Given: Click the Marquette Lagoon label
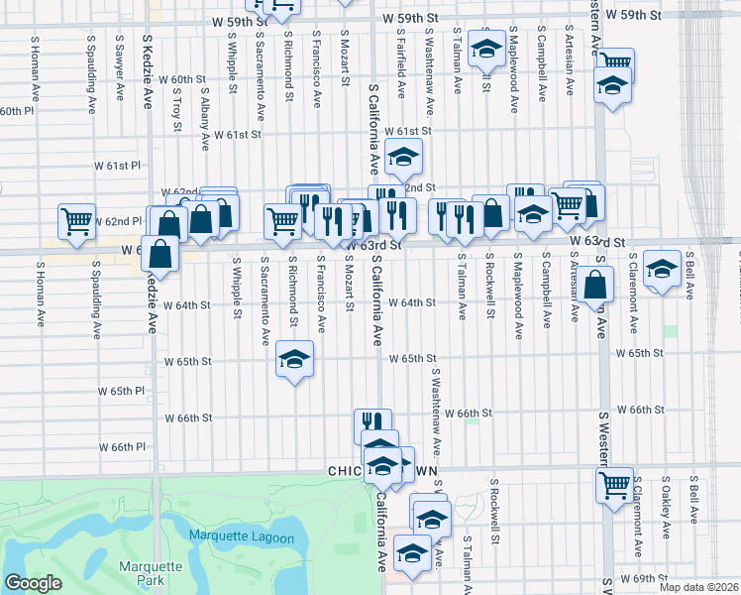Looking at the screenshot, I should tap(243, 537).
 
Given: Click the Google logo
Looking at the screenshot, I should tap(33, 583).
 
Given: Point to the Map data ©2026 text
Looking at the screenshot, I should tap(699, 587).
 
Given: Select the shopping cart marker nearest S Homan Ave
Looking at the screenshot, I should tap(76, 222).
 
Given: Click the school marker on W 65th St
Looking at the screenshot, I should tap(294, 360).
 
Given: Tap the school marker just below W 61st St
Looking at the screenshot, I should tap(403, 157).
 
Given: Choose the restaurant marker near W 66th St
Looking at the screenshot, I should tap(372, 424).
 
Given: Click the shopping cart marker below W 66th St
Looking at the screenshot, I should tap(614, 486).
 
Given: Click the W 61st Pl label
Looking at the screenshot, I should tap(118, 165).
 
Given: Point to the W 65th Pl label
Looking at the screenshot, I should tap(121, 391).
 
